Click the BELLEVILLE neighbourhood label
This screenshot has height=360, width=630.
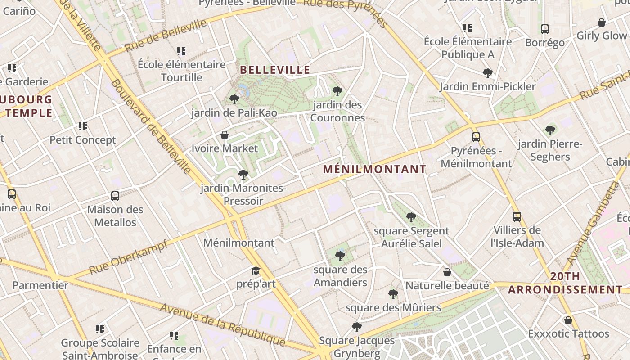tap(275, 70)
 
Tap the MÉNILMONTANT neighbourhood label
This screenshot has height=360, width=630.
tap(374, 169)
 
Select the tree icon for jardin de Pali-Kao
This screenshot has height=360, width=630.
tap(234, 99)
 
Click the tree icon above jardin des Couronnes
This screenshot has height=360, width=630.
tap(337, 91)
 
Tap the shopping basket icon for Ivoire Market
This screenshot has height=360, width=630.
tap(225, 135)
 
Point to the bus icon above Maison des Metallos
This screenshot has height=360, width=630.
tap(115, 196)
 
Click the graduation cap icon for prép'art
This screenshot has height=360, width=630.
tap(256, 270)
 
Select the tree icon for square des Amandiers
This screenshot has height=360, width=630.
tap(340, 256)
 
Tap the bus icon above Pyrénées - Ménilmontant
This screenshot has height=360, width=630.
tap(476, 137)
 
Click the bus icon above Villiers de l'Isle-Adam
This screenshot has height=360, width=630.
tap(517, 217)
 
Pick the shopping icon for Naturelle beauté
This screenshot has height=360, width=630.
tap(447, 272)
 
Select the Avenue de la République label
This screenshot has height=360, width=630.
tap(222, 325)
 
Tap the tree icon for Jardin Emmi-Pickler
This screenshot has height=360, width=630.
tap(487, 73)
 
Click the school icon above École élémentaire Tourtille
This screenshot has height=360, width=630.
tap(181, 51)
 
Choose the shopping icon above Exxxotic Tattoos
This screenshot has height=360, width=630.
tap(568, 320)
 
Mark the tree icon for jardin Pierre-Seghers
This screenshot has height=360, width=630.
tap(550, 130)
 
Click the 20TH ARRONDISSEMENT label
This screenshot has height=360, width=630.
tap(565, 283)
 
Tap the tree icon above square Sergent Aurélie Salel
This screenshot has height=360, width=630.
tap(411, 217)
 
